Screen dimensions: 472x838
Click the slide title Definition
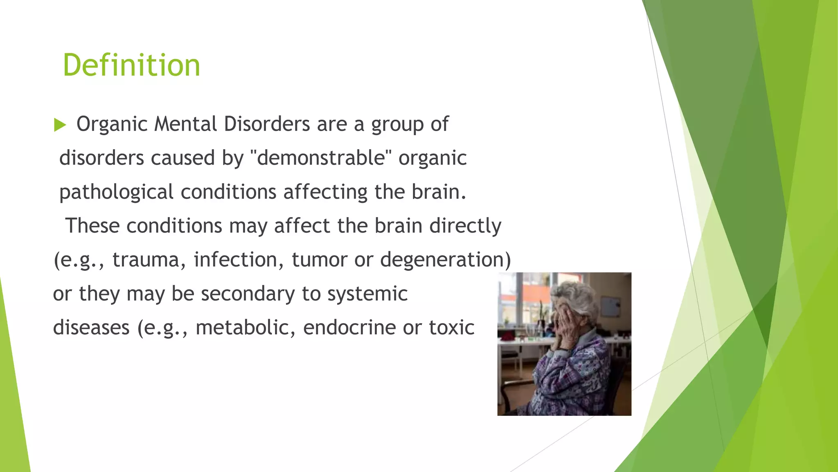pyautogui.click(x=131, y=66)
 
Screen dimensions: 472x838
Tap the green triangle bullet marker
pyautogui.click(x=60, y=125)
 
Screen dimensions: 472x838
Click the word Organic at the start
pyautogui.click(x=111, y=125)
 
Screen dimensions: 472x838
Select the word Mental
pyautogui.click(x=186, y=124)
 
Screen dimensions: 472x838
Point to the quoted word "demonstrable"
pyautogui.click(x=321, y=158)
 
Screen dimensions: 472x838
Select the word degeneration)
pyautogui.click(x=446, y=260)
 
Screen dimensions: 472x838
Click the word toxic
pyautogui.click(x=452, y=328)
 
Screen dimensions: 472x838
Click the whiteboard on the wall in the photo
pyautogui.click(x=611, y=307)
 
